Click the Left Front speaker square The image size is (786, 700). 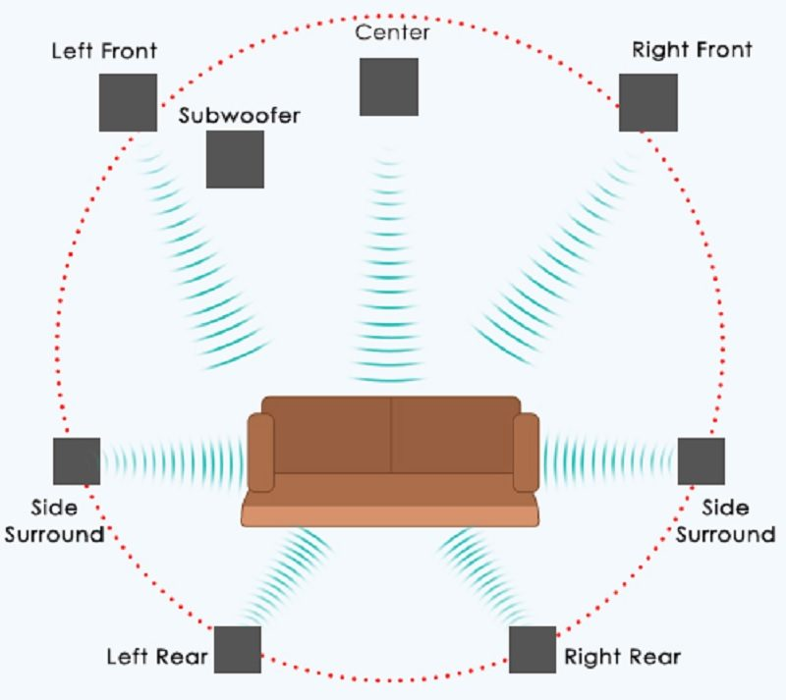click(x=128, y=103)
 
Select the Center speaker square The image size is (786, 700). click(x=389, y=86)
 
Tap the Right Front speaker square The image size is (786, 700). click(x=648, y=103)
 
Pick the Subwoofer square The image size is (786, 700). click(x=235, y=159)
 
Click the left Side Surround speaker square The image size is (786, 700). click(x=77, y=461)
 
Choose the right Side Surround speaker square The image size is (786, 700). click(x=701, y=461)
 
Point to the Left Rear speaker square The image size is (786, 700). click(x=238, y=649)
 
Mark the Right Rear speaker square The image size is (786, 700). click(x=533, y=649)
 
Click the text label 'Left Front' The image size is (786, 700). click(x=104, y=51)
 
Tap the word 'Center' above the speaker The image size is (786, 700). click(x=392, y=32)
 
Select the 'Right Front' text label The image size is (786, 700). click(x=692, y=50)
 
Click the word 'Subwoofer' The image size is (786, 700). click(x=239, y=115)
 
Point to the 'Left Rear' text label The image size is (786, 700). click(x=157, y=657)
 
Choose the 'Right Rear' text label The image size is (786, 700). click(x=622, y=657)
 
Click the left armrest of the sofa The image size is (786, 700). click(x=260, y=453)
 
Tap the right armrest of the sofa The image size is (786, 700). click(x=526, y=453)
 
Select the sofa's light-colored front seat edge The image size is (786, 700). click(x=390, y=516)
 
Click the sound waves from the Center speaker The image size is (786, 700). click(x=388, y=266)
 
